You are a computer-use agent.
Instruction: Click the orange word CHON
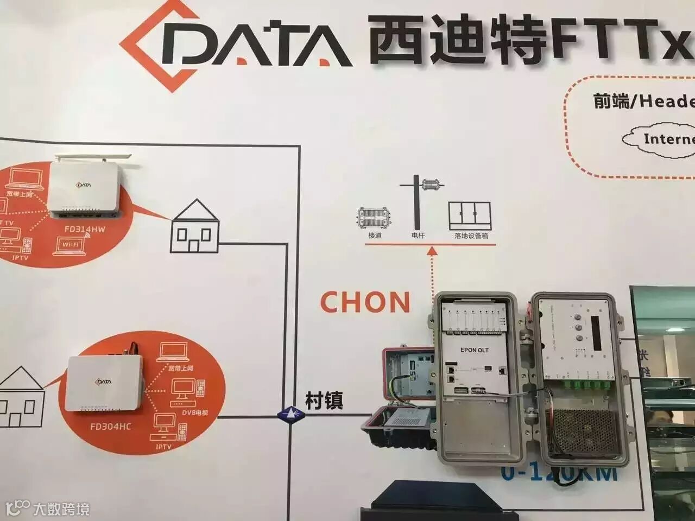pyautogui.click(x=365, y=302)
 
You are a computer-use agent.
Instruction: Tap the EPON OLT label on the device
pyautogui.click(x=474, y=350)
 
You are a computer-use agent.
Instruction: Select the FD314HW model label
pyautogui.click(x=85, y=229)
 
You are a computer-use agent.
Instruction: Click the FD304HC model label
pyautogui.click(x=110, y=427)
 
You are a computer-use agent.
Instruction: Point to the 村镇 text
pyautogui.click(x=324, y=401)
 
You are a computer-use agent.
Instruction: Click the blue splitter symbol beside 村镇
pyautogui.click(x=291, y=414)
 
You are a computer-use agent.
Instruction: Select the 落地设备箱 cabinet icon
pyautogui.click(x=470, y=215)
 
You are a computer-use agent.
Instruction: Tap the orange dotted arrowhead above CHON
pyautogui.click(x=432, y=251)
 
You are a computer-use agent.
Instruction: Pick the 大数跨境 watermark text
pyautogui.click(x=61, y=509)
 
